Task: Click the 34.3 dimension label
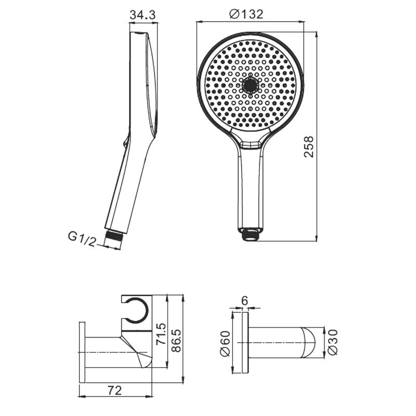point(142,15)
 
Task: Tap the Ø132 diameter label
point(246,15)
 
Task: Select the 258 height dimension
point(309,147)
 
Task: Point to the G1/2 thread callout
point(82,239)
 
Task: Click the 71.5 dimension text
point(161,333)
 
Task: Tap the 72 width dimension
point(114,391)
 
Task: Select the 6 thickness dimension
point(244,301)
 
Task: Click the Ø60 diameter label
point(225,344)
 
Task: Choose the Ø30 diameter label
point(333,342)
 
